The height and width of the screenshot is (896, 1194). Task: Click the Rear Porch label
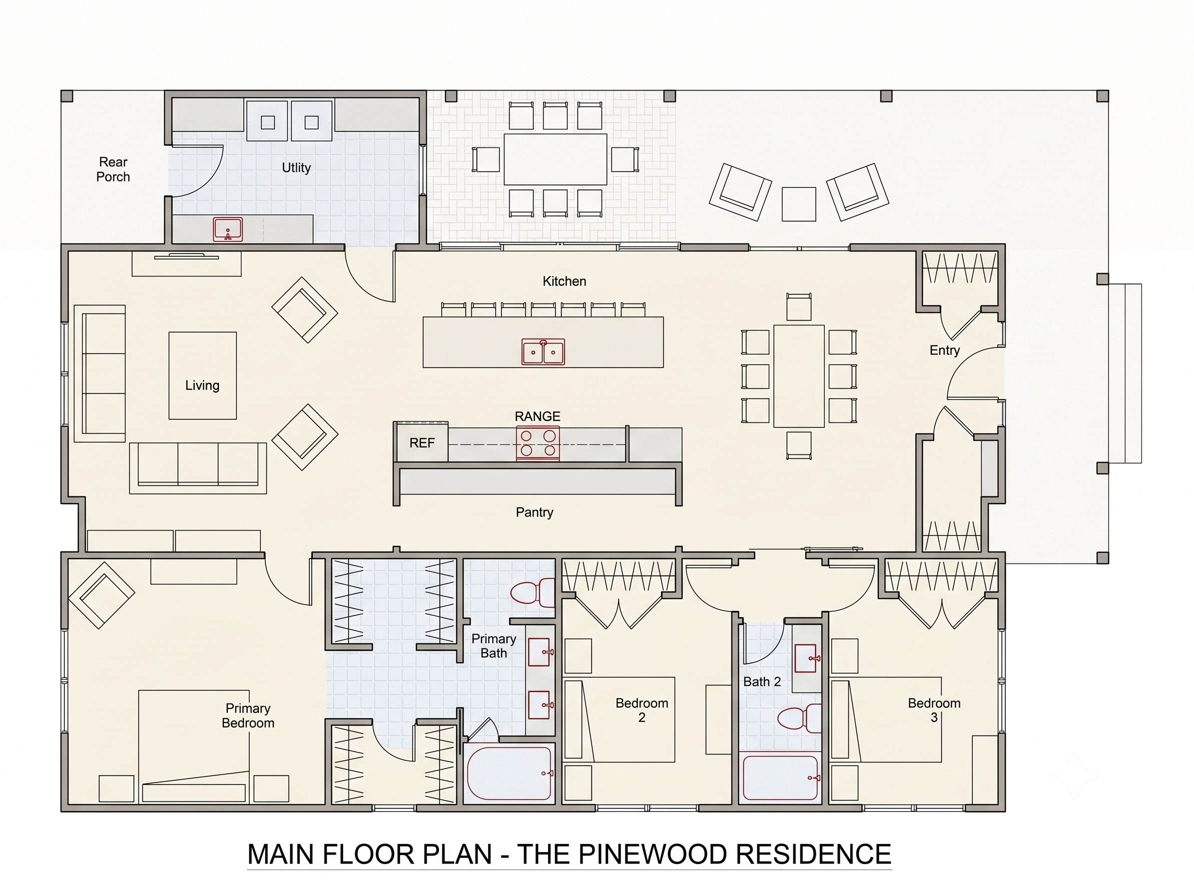113,169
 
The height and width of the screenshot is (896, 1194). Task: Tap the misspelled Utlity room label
296,167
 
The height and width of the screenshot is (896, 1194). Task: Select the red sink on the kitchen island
543,352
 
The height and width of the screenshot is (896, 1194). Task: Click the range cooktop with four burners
538,443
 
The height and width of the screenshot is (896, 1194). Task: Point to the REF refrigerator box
422,443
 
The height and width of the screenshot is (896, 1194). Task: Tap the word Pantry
535,512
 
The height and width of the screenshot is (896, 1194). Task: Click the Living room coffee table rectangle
202,375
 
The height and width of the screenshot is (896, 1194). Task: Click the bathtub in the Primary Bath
510,773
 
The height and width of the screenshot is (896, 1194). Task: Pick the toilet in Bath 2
799,718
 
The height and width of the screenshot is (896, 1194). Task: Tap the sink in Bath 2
806,658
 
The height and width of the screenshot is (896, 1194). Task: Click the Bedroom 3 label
934,709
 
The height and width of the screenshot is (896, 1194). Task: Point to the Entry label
945,350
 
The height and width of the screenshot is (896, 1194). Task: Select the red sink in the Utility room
228,229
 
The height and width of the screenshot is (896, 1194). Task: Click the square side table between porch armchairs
799,203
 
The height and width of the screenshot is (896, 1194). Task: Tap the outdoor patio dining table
556,159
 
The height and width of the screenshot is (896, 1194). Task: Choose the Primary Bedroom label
248,715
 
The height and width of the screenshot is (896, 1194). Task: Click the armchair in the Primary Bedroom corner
100,595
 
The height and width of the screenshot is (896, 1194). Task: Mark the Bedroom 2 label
642,709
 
